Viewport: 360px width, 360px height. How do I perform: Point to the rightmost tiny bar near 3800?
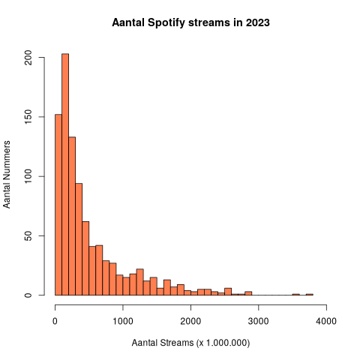(309, 294)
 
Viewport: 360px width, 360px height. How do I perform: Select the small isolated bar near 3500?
(295, 294)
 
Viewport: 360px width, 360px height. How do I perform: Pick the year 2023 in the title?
(256, 22)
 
